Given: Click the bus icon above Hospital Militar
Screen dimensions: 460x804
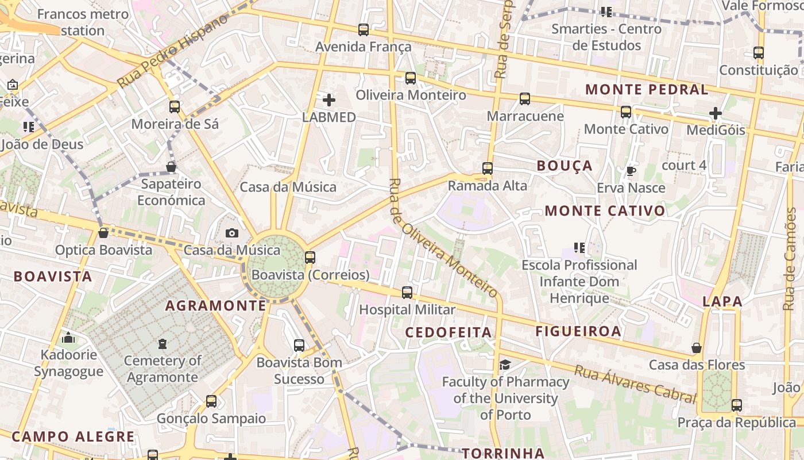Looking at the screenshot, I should [x=407, y=293].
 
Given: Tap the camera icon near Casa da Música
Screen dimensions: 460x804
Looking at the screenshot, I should [x=232, y=233].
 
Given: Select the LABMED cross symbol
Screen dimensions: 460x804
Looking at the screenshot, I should [x=329, y=101].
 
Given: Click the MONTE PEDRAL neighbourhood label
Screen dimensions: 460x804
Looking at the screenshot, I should [x=647, y=90].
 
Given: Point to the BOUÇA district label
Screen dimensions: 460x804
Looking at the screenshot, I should [x=565, y=166].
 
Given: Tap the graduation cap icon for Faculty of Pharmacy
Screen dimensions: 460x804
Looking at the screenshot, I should [x=505, y=365].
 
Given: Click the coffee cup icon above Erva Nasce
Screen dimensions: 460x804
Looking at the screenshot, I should [x=631, y=171].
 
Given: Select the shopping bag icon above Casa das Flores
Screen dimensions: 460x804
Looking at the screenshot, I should [x=697, y=348].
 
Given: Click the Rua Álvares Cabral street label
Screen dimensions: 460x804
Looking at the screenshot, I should [x=635, y=385].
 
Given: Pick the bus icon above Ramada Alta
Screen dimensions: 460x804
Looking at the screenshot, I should [x=488, y=168].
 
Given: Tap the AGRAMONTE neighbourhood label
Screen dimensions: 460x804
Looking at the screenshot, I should [x=216, y=305].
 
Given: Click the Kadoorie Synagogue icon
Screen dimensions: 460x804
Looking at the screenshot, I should [x=68, y=338].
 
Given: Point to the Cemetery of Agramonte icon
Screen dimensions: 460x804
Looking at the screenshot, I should [x=163, y=344].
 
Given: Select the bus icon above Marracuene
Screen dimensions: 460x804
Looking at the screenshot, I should [x=525, y=99].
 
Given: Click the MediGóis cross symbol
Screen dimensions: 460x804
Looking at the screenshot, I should [x=715, y=113].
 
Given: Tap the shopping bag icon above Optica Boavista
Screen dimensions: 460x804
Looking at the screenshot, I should [x=103, y=233].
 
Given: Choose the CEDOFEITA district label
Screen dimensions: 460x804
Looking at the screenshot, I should [x=449, y=332].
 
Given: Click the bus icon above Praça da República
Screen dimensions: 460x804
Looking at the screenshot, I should [x=737, y=405].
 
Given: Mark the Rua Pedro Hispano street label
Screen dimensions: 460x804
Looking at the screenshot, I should [x=172, y=52].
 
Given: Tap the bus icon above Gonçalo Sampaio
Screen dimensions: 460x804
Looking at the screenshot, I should [x=211, y=401].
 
